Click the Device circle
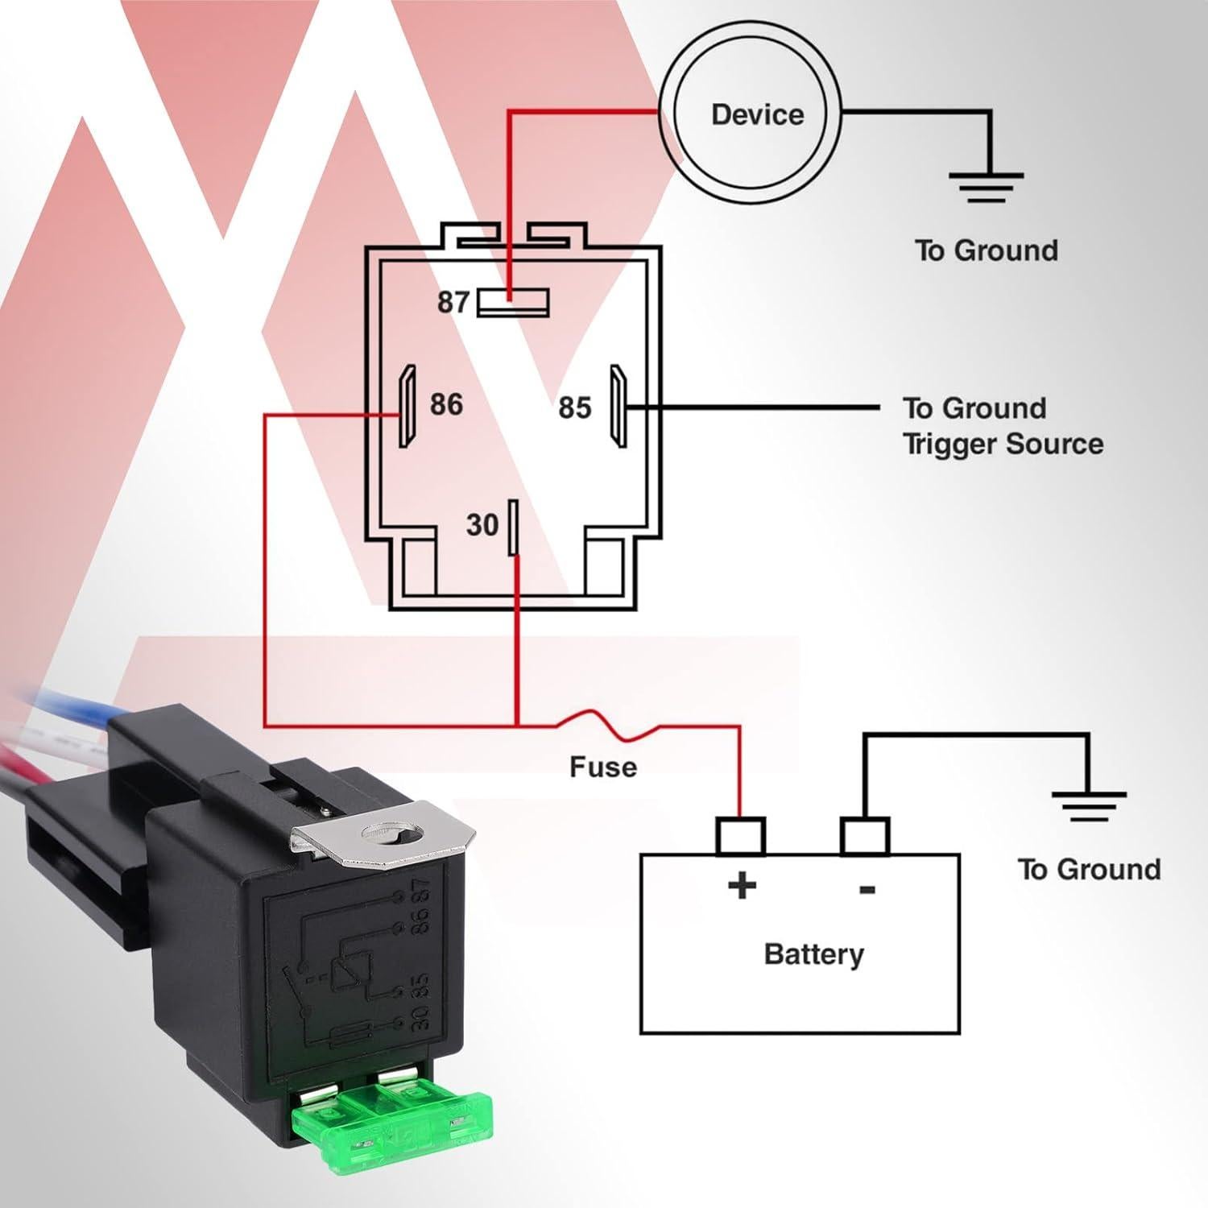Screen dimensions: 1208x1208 pos(757,114)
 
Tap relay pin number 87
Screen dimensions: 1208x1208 pos(453,302)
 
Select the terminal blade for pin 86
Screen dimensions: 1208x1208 pos(407,407)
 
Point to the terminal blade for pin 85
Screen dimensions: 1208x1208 pos(618,407)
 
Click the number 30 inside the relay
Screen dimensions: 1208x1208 pos(482,525)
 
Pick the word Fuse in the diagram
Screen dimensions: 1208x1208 pos(602,767)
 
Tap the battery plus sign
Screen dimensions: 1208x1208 pos(742,886)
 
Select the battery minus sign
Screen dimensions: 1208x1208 pos(867,889)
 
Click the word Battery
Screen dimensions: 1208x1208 pos(813,954)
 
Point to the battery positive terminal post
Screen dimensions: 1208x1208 pos(740,835)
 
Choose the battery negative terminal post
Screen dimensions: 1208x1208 pos(864,835)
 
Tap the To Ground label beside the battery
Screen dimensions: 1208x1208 pos(1089,870)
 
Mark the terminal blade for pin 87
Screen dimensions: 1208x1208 pos(513,302)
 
